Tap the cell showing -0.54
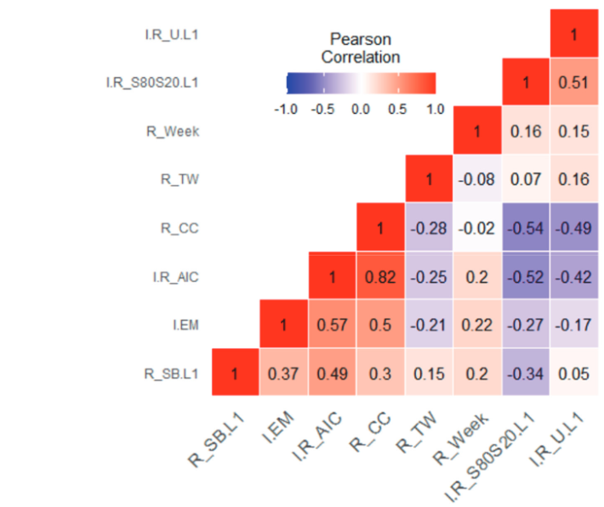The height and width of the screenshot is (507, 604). tap(527, 228)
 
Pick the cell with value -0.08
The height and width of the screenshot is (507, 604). tap(477, 179)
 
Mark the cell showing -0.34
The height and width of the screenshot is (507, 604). tap(527, 373)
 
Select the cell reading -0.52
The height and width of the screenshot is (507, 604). tap(527, 276)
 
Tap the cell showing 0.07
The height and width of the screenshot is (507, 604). tap(527, 179)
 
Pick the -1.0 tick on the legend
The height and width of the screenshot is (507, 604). tap(288, 109)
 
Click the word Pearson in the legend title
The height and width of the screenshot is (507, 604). tap(362, 39)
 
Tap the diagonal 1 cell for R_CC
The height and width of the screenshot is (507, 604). tap(380, 228)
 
